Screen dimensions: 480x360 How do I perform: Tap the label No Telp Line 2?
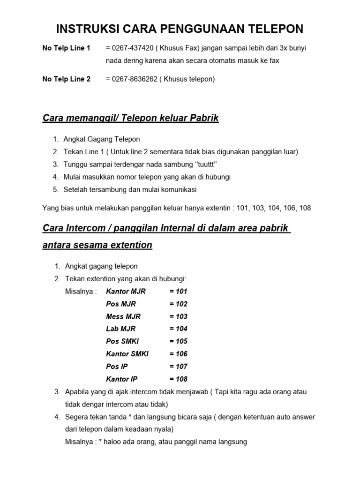[x=67, y=79]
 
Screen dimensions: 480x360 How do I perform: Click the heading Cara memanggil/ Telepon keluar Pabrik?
[x=131, y=118]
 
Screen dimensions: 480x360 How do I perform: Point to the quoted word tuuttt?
[x=204, y=165]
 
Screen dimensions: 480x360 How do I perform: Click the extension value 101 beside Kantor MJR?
[x=179, y=291]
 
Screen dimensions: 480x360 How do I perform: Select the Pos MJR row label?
[x=121, y=304]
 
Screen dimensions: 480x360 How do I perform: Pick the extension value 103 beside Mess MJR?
[x=179, y=316]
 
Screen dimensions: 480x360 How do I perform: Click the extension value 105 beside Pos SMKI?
[x=179, y=341]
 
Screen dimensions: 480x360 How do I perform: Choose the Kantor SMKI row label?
[x=127, y=354]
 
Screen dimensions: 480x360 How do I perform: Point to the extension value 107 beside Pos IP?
[x=179, y=366]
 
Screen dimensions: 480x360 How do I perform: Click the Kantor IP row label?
[x=122, y=379]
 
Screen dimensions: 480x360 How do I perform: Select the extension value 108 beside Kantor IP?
[x=179, y=379]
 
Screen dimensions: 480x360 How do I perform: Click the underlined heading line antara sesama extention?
[x=97, y=245]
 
